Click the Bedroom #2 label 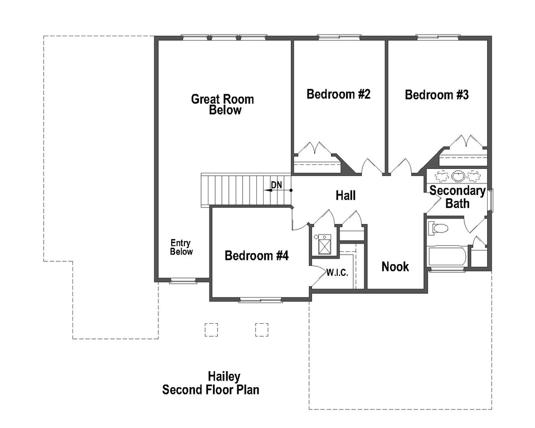(x=338, y=94)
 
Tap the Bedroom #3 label (x=436, y=95)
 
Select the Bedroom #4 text (x=256, y=256)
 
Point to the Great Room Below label (x=223, y=104)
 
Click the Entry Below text (x=181, y=247)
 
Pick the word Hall (x=346, y=196)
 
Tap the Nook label (x=395, y=266)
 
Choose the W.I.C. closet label (x=337, y=273)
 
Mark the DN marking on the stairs (x=276, y=185)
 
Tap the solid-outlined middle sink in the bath (x=458, y=176)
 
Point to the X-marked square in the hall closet (x=324, y=244)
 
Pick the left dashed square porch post (x=211, y=329)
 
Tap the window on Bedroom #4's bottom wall (x=260, y=300)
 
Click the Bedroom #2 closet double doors (x=316, y=149)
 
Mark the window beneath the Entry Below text (x=183, y=281)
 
